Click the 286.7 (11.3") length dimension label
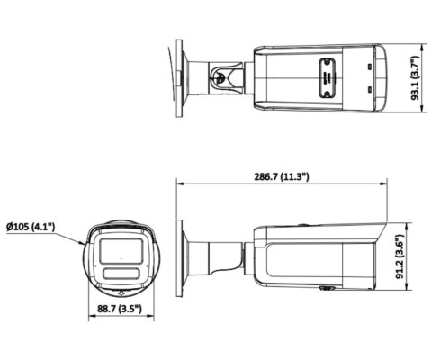click(x=281, y=176)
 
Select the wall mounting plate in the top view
click(x=181, y=74)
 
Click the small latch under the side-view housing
click(x=326, y=290)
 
